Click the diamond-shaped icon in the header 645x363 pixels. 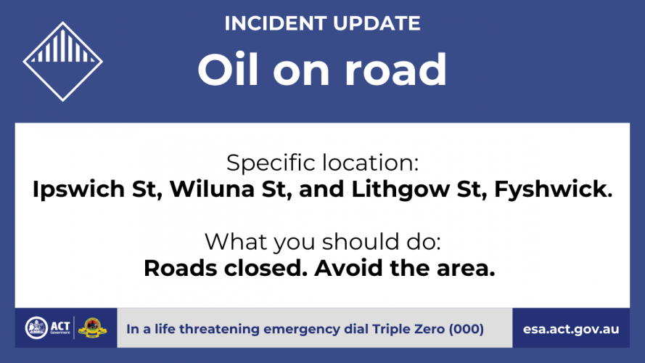[62, 62]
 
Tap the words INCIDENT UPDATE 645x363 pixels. [322, 23]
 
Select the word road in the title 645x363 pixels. [395, 69]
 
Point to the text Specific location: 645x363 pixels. [322, 163]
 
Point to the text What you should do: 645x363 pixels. [322, 242]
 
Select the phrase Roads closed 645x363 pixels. [226, 269]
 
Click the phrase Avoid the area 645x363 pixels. [405, 269]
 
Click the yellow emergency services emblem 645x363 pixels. [92, 328]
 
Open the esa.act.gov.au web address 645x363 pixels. [571, 330]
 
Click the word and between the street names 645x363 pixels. [321, 189]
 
